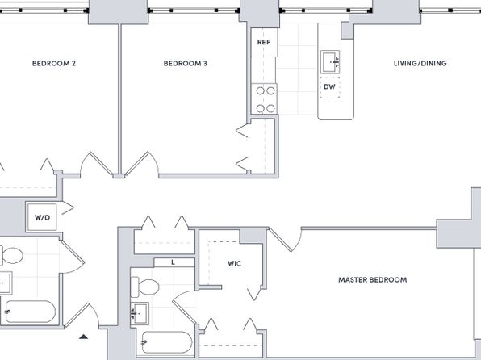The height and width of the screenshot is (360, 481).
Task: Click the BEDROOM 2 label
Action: [54, 64]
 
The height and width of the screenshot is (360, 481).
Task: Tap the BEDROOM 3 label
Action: [185, 64]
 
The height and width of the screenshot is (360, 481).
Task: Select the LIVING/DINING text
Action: [420, 64]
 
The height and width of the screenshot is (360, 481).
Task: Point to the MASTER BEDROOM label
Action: [372, 280]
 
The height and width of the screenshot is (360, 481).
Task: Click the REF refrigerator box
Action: [264, 42]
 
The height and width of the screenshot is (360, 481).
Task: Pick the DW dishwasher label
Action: [329, 87]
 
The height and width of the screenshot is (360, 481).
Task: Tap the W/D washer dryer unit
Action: [42, 217]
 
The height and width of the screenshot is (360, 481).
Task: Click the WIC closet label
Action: [234, 263]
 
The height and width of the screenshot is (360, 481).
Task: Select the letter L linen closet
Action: [173, 262]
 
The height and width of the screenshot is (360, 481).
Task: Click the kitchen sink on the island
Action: [330, 62]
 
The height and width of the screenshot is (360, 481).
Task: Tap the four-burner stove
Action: [264, 98]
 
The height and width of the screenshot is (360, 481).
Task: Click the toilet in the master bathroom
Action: [144, 287]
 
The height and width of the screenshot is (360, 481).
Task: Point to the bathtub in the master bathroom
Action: [167, 342]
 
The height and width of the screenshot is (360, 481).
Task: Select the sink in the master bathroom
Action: [140, 314]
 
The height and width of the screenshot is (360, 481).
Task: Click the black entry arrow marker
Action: [83, 337]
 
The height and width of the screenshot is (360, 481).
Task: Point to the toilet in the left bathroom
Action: [11, 255]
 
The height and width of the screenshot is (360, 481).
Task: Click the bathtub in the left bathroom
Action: [30, 312]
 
